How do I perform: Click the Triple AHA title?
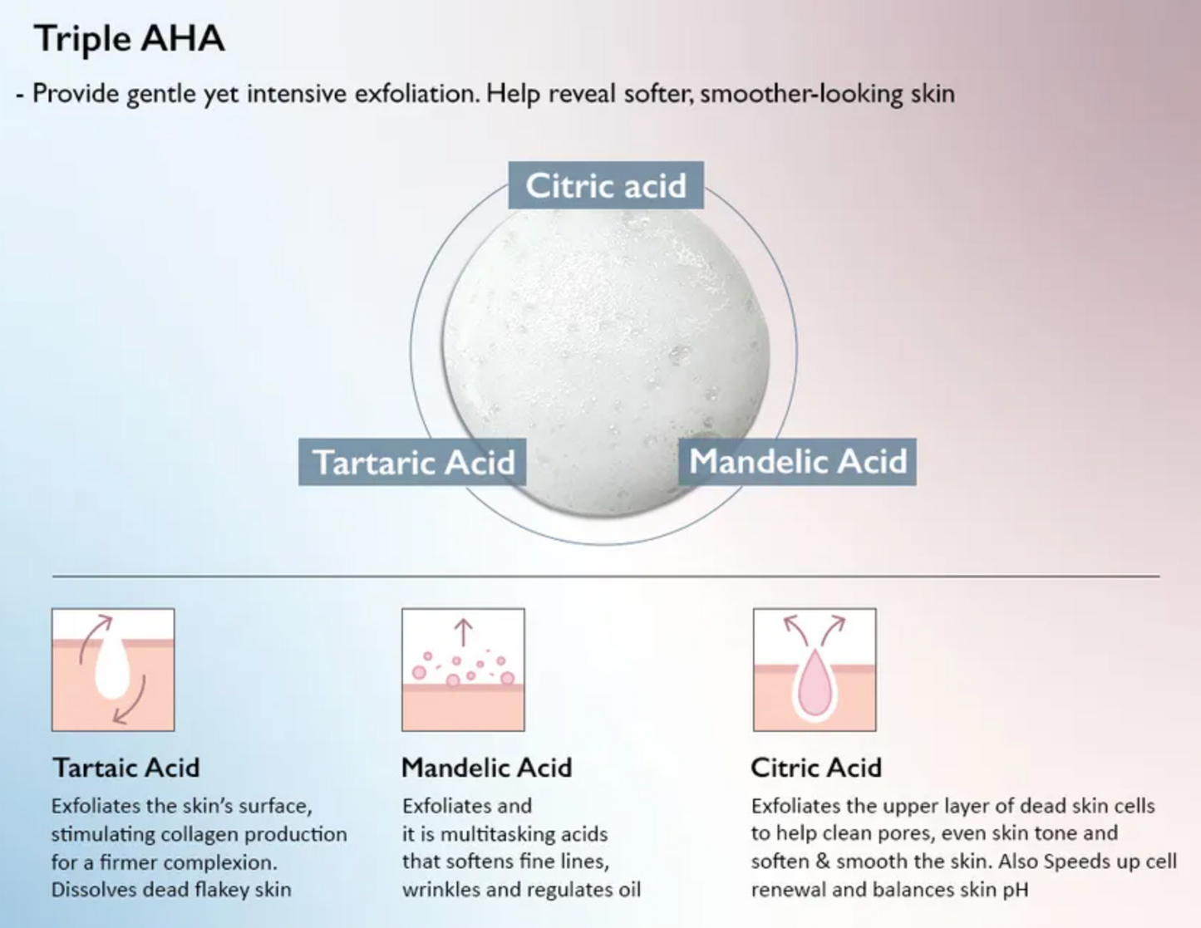(130, 39)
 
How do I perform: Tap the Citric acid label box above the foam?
(606, 185)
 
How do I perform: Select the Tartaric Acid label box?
(412, 462)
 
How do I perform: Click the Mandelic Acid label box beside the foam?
(797, 462)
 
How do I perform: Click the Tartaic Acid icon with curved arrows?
(113, 670)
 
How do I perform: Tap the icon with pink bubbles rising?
(463, 670)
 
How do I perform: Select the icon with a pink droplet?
(815, 670)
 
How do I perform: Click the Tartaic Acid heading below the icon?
(126, 768)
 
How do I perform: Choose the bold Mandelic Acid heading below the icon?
(487, 768)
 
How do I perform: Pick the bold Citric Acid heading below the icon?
(816, 768)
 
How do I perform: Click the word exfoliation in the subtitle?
(416, 93)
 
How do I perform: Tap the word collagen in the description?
(199, 834)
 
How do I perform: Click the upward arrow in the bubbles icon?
(463, 632)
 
